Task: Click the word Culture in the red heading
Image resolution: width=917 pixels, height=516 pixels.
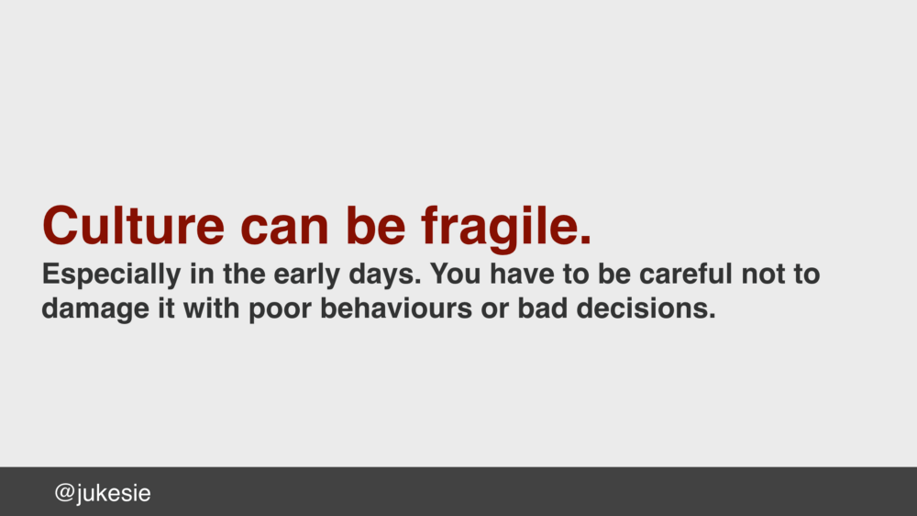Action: coord(133,226)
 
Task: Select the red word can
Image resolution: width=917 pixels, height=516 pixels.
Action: coord(285,230)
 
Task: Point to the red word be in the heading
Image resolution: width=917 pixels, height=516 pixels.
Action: coord(375,226)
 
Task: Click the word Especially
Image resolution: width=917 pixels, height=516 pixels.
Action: coord(111,276)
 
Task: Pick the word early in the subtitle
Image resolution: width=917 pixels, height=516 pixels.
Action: coord(306,276)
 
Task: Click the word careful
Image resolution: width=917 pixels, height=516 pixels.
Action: coord(685,274)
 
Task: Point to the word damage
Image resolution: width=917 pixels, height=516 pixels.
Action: coord(95,310)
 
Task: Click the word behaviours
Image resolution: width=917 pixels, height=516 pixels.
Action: coord(396,308)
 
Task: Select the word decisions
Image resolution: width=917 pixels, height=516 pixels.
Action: coord(646,308)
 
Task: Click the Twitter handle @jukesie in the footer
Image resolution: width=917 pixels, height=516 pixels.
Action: coord(103,493)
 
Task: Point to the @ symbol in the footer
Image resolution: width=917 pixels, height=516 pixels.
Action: coord(64,493)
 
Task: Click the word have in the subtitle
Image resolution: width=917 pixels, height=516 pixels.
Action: coord(522,274)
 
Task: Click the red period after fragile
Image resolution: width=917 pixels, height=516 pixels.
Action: coord(585,240)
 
